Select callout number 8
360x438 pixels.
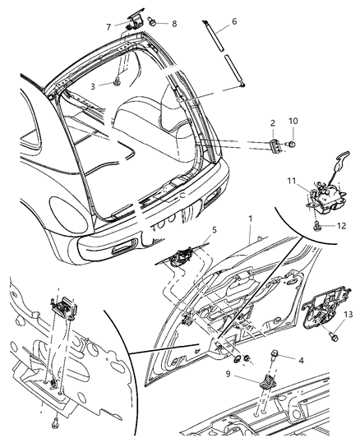pos(173,25)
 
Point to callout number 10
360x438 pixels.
pos(293,122)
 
